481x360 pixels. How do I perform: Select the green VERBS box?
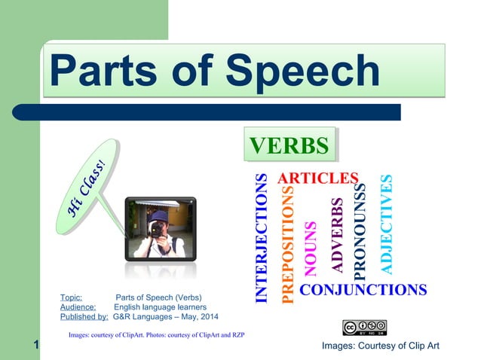click(x=289, y=145)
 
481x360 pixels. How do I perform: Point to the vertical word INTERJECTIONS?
click(x=261, y=238)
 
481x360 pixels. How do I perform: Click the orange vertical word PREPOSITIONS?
click(x=286, y=246)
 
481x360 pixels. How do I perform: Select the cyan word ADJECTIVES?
click(x=386, y=224)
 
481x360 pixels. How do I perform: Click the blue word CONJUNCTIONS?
click(x=363, y=290)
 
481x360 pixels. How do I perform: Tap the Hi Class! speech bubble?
click(x=88, y=185)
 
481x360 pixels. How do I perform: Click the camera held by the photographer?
click(x=159, y=228)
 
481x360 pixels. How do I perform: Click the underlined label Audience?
click(x=78, y=307)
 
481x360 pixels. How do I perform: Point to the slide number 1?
click(x=35, y=346)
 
